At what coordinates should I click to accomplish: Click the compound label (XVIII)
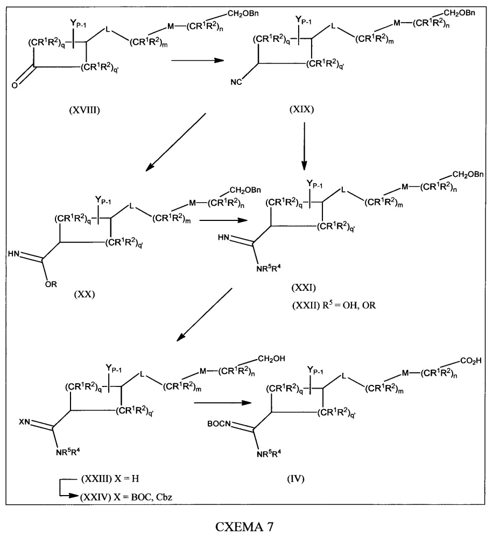(x=84, y=110)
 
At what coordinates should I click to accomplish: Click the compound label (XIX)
(x=302, y=109)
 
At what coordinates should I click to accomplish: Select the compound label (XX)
(x=84, y=294)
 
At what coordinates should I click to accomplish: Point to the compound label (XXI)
(x=304, y=288)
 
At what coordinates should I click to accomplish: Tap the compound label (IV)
(x=295, y=478)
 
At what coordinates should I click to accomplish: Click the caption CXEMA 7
(x=244, y=526)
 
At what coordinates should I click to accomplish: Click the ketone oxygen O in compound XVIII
(x=15, y=85)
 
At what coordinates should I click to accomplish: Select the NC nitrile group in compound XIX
(x=236, y=82)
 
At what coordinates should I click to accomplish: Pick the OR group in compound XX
(x=51, y=284)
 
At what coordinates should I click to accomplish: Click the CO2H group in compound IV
(x=471, y=361)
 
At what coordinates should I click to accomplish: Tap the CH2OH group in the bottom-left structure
(x=271, y=359)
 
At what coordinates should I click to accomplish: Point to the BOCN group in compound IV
(x=219, y=424)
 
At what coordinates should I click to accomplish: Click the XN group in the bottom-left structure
(x=25, y=422)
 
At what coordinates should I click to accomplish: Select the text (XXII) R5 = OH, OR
(x=334, y=305)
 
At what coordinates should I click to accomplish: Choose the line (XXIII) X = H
(x=110, y=478)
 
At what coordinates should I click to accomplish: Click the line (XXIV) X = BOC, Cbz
(x=126, y=497)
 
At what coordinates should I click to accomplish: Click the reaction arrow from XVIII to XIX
(x=198, y=60)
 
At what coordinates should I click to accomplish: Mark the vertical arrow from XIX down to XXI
(x=304, y=146)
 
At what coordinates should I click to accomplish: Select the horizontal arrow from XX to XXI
(x=223, y=220)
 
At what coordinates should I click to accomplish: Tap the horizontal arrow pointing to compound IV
(x=223, y=403)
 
